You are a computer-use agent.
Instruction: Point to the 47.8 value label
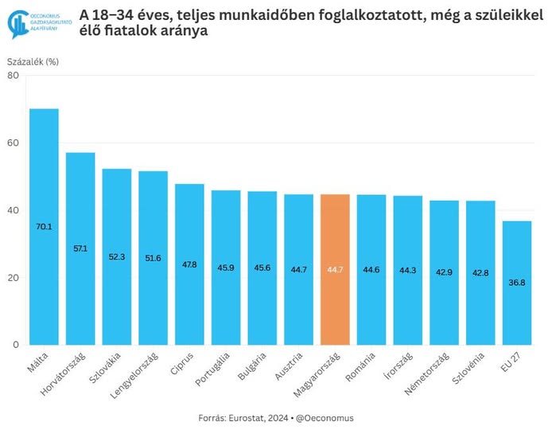click(x=189, y=264)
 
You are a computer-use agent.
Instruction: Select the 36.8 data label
click(x=517, y=283)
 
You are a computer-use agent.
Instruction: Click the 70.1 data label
click(x=44, y=227)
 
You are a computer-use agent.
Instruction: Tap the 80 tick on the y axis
click(x=13, y=76)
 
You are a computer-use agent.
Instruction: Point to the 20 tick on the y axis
click(x=13, y=278)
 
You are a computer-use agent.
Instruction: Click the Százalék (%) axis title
click(x=33, y=61)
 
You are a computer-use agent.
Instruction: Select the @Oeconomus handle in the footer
click(x=326, y=417)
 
